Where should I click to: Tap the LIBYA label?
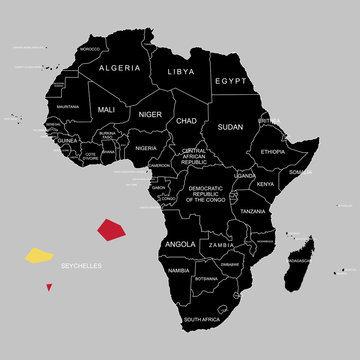182,73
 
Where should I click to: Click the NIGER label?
150,115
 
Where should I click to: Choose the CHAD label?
185,121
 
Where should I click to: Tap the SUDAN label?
231,128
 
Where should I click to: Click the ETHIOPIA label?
273,151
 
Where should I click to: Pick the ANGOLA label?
180,244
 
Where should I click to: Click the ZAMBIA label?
221,244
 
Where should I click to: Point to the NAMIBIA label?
178,271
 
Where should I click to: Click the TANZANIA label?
253,212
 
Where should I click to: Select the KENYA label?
265,184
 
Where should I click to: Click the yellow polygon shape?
39,256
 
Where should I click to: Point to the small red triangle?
48,288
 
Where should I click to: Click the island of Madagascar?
298,255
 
